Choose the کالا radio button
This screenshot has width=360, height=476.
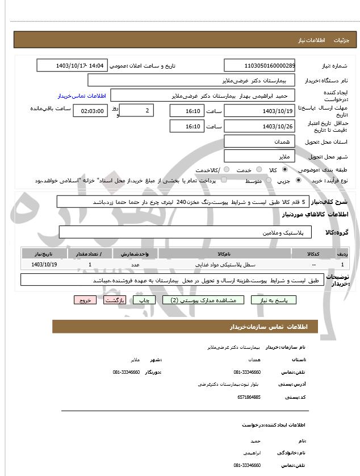[284, 170]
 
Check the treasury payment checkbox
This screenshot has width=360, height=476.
[223, 180]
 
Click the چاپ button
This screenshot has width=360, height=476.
[145, 299]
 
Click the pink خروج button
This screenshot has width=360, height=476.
[85, 299]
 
